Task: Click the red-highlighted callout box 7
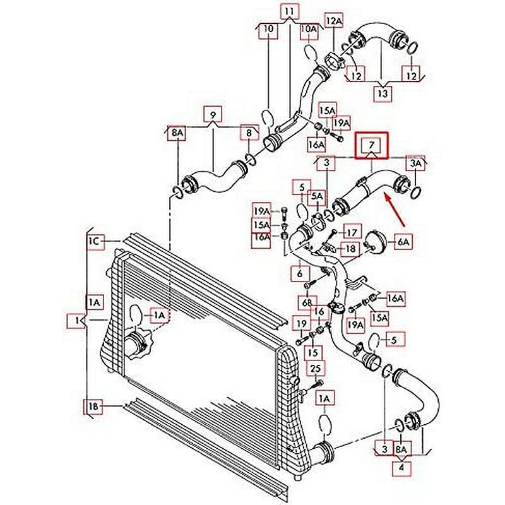[372, 146]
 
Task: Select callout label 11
[289, 12]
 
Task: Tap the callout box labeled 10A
[309, 29]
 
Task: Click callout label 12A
[334, 21]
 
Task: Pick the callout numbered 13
[383, 93]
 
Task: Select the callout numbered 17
[352, 232]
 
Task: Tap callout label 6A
[403, 241]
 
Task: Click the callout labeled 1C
[95, 241]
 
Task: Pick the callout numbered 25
[316, 368]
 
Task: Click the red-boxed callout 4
[400, 468]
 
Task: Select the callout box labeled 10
[268, 29]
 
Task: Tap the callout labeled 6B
[307, 304]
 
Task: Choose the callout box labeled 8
[249, 133]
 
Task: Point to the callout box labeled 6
[299, 274]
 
